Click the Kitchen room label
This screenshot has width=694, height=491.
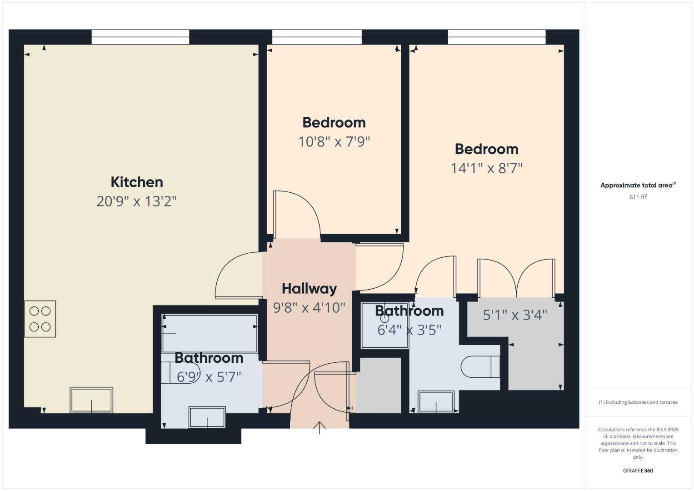coord(137,182)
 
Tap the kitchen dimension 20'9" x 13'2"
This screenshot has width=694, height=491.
coord(136,201)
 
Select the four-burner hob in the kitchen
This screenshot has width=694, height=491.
coord(40,319)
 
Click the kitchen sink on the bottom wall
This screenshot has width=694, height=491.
coord(91,400)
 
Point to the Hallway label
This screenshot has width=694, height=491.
coord(309,288)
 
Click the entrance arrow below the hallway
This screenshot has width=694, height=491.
coord(320,428)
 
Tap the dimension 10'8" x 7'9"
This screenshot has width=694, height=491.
coord(334,141)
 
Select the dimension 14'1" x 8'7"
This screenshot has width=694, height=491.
coord(486,168)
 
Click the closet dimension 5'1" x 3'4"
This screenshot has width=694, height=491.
coord(514,315)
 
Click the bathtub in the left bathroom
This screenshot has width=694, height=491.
coord(210,333)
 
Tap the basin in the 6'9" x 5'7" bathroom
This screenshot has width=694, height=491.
coord(207,417)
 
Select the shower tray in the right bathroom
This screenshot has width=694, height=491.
coord(384,326)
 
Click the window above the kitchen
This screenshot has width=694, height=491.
coord(140,37)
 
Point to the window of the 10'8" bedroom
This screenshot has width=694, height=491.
coord(317,37)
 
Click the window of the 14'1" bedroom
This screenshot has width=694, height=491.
coord(496,37)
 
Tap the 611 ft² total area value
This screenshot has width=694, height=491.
coord(638,197)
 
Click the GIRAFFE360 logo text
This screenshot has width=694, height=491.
coord(638,471)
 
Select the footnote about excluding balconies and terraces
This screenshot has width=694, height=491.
coord(638,402)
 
